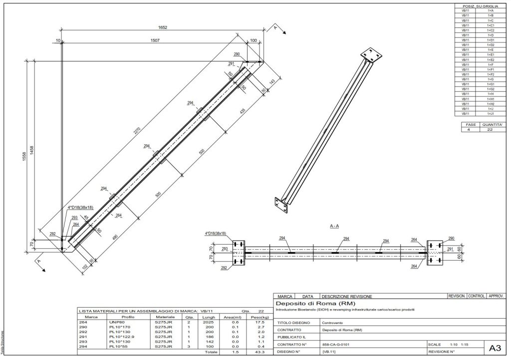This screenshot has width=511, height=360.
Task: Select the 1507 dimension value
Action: click(x=155, y=40)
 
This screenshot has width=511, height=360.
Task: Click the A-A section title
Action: click(x=335, y=226)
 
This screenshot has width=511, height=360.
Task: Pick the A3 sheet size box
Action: click(x=494, y=348)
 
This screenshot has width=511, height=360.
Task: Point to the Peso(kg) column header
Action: click(x=257, y=317)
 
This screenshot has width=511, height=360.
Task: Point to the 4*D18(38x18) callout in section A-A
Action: click(x=216, y=233)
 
